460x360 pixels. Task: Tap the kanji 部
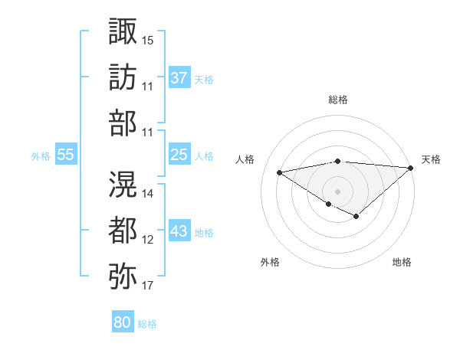click(x=123, y=123)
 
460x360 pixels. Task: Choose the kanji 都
click(x=123, y=227)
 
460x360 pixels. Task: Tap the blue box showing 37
click(x=179, y=78)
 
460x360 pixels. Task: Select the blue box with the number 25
click(x=179, y=155)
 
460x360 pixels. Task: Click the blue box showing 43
click(x=179, y=231)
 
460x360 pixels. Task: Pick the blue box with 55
click(x=66, y=155)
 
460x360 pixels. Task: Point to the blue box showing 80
click(x=122, y=322)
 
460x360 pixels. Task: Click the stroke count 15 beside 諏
click(x=148, y=38)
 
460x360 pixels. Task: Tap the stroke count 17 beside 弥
click(x=148, y=286)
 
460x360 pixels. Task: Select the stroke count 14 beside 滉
click(x=148, y=193)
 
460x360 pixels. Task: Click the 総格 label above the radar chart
click(x=337, y=100)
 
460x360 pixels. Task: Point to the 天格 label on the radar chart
click(x=431, y=159)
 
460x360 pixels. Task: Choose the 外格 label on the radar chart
click(x=270, y=262)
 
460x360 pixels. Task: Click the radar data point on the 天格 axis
click(x=412, y=168)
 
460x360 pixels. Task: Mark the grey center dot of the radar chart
click(x=337, y=190)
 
